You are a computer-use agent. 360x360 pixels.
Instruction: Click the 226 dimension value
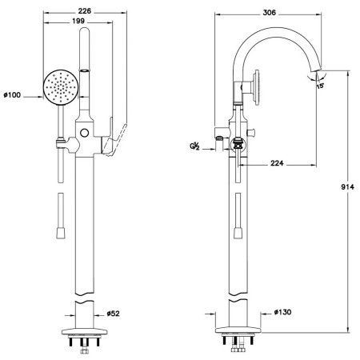(85, 11)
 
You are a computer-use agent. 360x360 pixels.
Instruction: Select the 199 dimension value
(78, 21)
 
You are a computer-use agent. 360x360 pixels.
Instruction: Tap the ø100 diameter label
(12, 95)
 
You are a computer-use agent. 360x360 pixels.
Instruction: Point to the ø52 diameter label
(113, 314)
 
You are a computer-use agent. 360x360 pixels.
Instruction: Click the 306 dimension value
(270, 13)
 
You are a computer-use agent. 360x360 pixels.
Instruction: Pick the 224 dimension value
(277, 163)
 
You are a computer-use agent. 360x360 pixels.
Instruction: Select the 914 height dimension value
(347, 187)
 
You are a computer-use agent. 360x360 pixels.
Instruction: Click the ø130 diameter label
(282, 312)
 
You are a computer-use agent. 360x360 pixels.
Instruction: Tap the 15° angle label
(320, 86)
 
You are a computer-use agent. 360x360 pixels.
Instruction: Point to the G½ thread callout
(194, 146)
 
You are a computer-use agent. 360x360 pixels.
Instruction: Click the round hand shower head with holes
(61, 86)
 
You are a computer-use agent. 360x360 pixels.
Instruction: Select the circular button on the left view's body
(84, 133)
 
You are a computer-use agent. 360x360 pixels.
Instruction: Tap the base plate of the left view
(84, 331)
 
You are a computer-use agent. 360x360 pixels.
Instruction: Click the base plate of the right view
(238, 330)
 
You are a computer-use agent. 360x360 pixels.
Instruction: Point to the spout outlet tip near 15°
(317, 71)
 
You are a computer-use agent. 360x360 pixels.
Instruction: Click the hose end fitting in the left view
(61, 233)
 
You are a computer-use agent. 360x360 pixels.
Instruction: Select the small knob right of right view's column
(252, 132)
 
